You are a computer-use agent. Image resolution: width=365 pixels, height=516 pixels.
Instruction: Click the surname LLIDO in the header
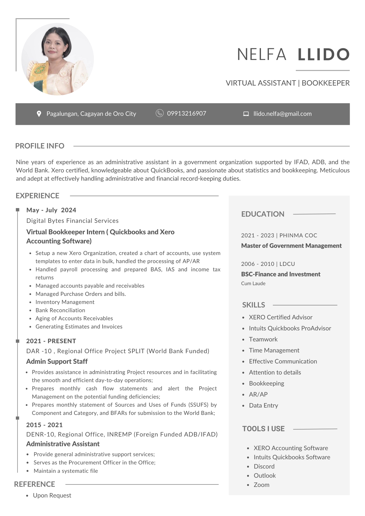click(x=324, y=54)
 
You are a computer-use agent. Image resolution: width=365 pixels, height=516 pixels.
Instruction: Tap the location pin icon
click(x=39, y=114)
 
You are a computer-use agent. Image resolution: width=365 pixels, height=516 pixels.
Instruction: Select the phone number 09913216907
click(x=186, y=113)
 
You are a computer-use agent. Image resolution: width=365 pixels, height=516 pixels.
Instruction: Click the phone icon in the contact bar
click(x=159, y=113)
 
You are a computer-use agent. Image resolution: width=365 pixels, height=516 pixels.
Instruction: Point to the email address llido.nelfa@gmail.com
click(x=282, y=114)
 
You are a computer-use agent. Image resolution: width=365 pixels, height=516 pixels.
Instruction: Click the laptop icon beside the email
click(x=246, y=114)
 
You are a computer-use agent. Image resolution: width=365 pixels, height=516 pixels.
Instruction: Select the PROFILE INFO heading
click(x=40, y=146)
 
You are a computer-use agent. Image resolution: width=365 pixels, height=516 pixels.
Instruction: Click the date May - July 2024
click(x=51, y=210)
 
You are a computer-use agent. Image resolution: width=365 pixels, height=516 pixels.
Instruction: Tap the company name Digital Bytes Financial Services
click(x=72, y=221)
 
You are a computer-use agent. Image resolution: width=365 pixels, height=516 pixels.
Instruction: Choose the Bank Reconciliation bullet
click(x=60, y=310)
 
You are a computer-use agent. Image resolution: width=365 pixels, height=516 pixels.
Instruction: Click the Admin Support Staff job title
click(x=57, y=361)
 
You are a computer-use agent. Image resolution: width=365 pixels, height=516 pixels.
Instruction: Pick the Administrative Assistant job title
click(x=63, y=444)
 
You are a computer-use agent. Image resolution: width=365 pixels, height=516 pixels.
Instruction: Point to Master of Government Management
click(x=291, y=246)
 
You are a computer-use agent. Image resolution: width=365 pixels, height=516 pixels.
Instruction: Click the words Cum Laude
click(x=253, y=283)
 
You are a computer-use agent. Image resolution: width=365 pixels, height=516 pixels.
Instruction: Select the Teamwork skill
click(x=263, y=339)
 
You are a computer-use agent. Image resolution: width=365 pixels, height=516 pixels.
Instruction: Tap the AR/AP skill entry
click(x=258, y=394)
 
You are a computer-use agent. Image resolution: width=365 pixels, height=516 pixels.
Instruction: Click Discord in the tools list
click(x=264, y=466)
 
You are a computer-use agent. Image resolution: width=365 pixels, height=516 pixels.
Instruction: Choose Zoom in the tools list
click(x=261, y=485)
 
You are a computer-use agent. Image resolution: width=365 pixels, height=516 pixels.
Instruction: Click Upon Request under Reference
click(x=52, y=495)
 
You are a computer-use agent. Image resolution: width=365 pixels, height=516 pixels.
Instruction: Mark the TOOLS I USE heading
click(x=263, y=429)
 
